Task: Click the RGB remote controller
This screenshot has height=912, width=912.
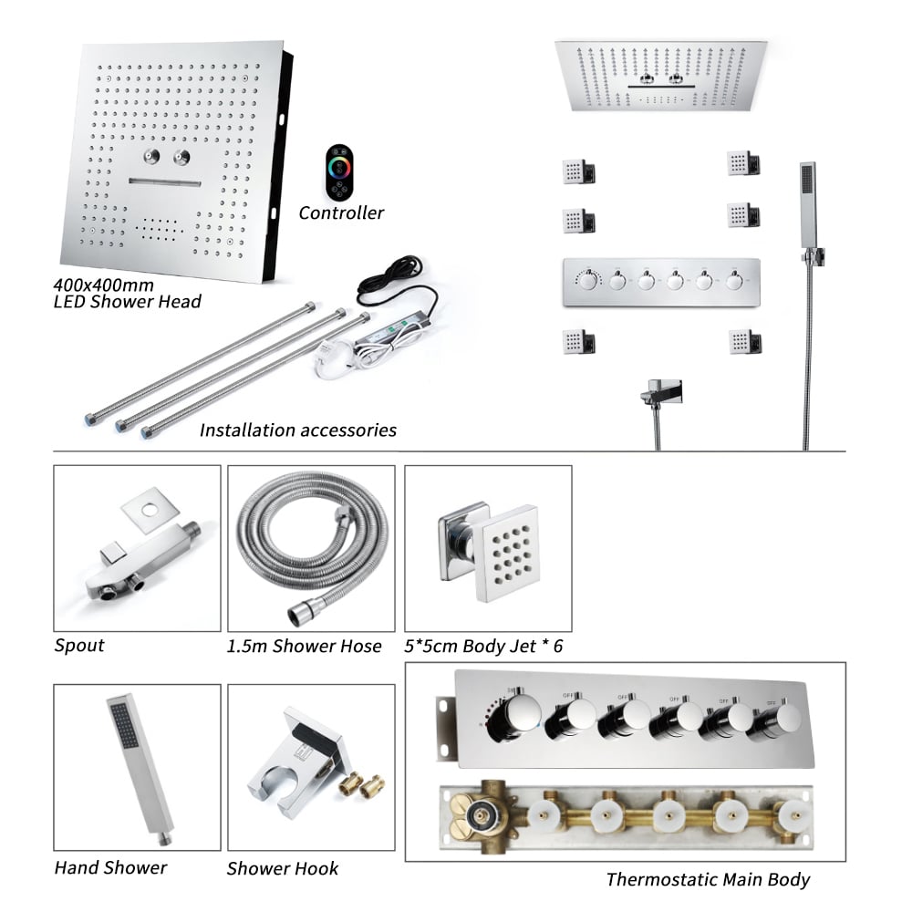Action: pyautogui.click(x=338, y=172)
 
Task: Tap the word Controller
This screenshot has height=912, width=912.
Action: pyautogui.click(x=341, y=213)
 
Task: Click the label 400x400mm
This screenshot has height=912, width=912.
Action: pyautogui.click(x=101, y=285)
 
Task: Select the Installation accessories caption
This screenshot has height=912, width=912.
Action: pyautogui.click(x=298, y=430)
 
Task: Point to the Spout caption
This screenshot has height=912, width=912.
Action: pyautogui.click(x=79, y=646)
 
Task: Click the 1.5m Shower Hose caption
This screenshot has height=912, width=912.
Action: pyautogui.click(x=305, y=647)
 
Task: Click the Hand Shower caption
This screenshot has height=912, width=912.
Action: pyautogui.click(x=110, y=867)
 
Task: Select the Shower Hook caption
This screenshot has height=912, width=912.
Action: pyautogui.click(x=283, y=868)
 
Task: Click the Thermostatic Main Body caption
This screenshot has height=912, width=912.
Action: pyautogui.click(x=708, y=880)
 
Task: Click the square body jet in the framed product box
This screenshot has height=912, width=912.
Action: pyautogui.click(x=500, y=546)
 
